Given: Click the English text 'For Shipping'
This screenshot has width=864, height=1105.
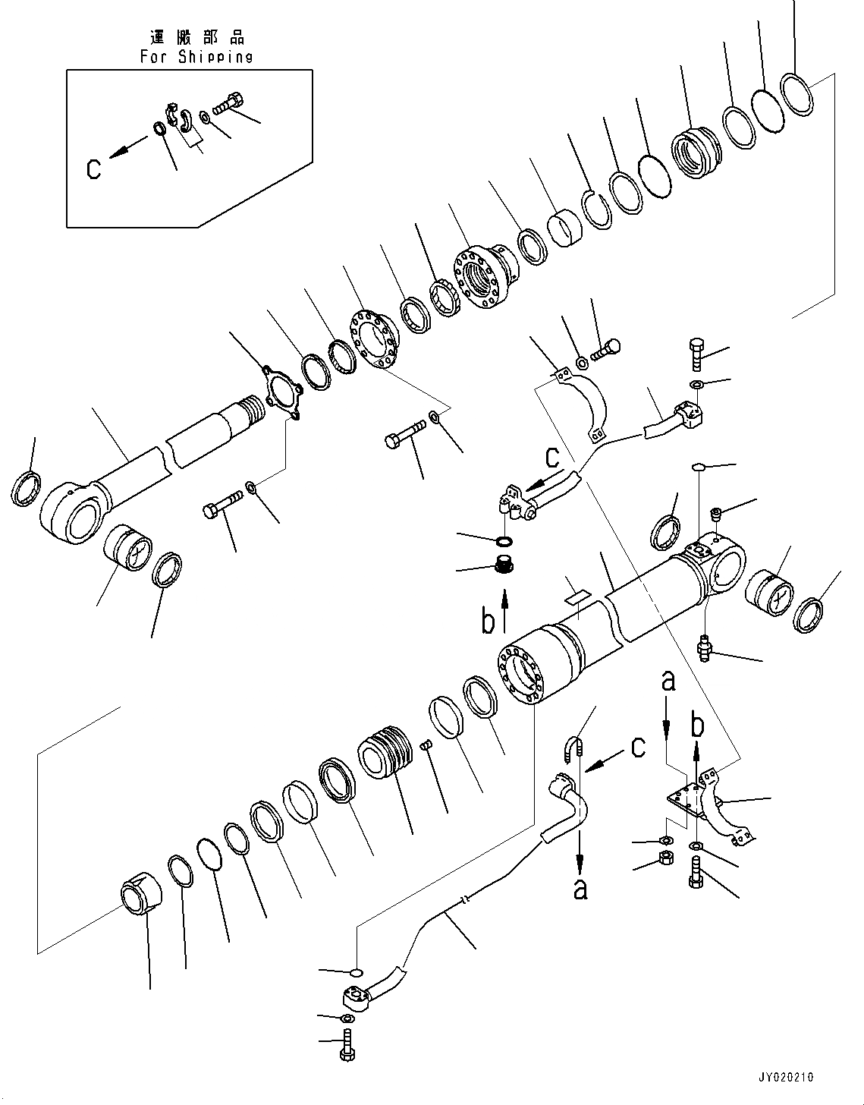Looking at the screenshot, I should (x=196, y=57).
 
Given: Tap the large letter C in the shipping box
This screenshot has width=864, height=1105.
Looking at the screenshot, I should (x=93, y=168).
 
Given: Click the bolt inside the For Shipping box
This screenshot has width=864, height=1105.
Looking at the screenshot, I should (x=226, y=103).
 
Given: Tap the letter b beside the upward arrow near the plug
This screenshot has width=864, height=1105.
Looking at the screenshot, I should (x=489, y=622).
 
